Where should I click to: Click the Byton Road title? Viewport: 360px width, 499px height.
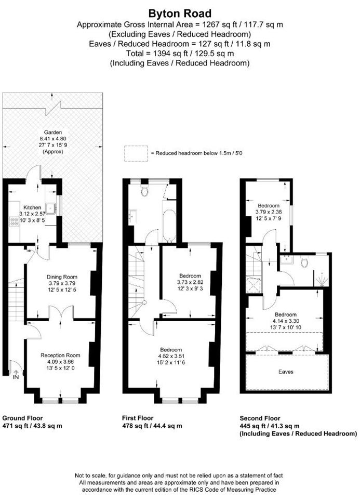(180, 14)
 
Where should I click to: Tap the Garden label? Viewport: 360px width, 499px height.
(53, 133)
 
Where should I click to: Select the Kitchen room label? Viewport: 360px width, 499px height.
(32, 207)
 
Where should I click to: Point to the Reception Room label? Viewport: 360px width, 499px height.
(60, 355)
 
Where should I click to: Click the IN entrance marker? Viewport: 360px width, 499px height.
(16, 377)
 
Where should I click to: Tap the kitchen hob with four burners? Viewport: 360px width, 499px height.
(14, 221)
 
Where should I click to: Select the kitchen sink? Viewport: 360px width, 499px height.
(51, 208)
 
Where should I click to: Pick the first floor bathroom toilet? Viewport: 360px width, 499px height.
(145, 191)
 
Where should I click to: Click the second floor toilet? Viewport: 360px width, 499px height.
(304, 262)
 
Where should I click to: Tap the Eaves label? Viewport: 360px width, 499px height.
(286, 372)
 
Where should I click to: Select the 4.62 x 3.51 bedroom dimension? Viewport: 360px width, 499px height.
(171, 356)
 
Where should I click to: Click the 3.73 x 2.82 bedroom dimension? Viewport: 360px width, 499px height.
(190, 282)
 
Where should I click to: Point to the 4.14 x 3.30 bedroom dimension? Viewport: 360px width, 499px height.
(286, 321)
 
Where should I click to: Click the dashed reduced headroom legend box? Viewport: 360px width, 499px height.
(136, 153)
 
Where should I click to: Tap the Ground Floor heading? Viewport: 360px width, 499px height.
(22, 418)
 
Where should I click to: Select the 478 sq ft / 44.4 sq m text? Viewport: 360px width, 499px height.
(152, 426)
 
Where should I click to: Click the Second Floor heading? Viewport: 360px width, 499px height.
(260, 418)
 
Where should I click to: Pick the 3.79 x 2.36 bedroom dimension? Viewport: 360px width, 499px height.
(269, 212)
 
